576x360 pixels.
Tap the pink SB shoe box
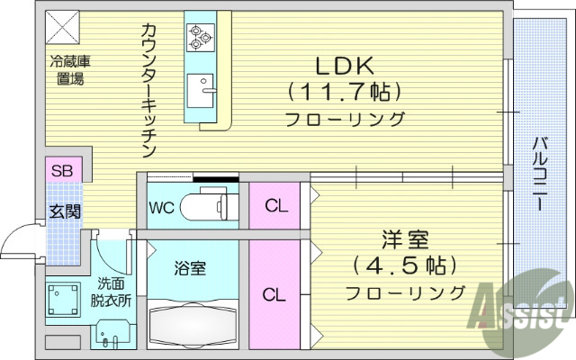(63, 170)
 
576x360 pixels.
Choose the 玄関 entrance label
(65, 212)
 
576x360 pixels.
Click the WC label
(161, 207)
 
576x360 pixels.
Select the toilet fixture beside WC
(209, 207)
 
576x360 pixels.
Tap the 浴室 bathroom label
(190, 267)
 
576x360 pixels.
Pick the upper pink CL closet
(275, 205)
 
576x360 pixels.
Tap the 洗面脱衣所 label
(113, 292)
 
